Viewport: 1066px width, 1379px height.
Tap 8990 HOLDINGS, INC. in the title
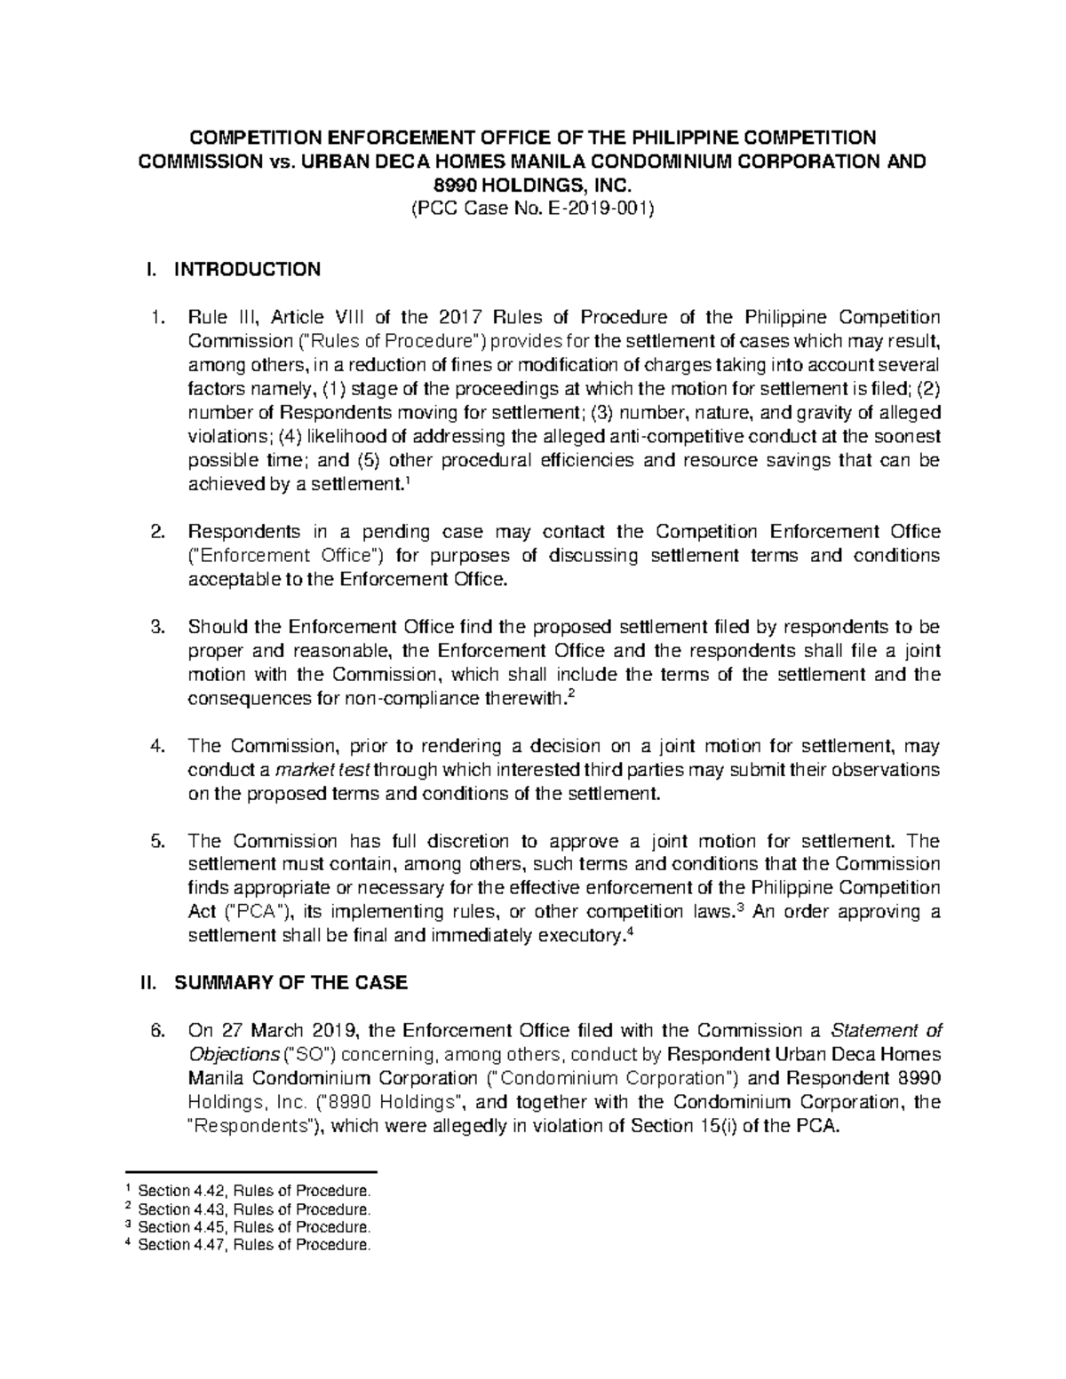point(533,186)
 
